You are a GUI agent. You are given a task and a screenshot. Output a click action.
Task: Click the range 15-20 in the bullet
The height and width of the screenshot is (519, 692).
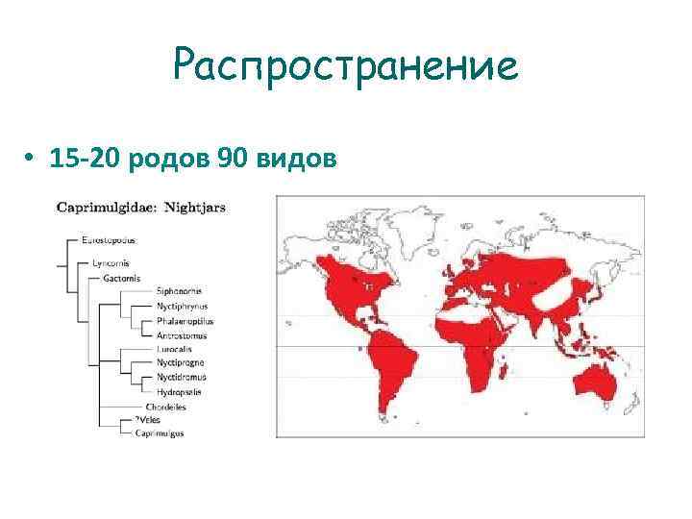[x=86, y=156]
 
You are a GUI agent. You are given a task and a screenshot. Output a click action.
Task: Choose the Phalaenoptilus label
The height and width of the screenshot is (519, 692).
[x=185, y=320]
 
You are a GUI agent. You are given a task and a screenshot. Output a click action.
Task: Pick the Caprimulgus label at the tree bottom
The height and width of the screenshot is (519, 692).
[x=160, y=433]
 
